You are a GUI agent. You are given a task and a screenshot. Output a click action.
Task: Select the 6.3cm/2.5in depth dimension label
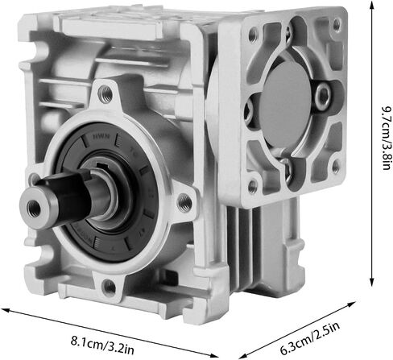coord(309,338)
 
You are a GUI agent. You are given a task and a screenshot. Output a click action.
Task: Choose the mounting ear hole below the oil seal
coord(109,287)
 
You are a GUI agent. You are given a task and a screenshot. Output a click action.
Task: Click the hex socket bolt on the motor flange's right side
coord(323,97)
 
